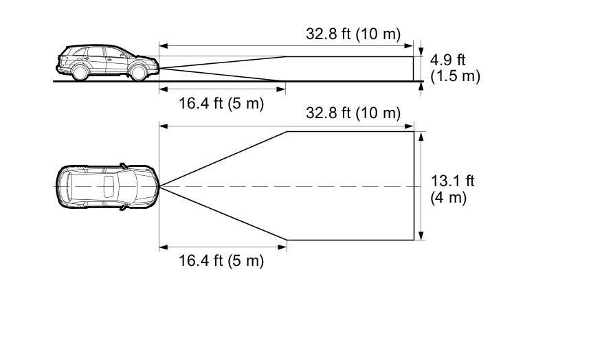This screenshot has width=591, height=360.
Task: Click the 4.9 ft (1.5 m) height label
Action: [x=455, y=68]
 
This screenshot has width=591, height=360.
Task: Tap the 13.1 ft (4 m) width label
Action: [x=452, y=189]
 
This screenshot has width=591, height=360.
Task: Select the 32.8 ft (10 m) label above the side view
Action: [x=353, y=34]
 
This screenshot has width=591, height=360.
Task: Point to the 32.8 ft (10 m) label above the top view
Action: [x=353, y=113]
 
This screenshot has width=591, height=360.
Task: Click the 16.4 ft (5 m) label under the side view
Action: [x=221, y=103]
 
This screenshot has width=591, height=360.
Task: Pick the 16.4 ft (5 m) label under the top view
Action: [x=221, y=260]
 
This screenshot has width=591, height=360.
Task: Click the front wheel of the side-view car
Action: [x=138, y=72]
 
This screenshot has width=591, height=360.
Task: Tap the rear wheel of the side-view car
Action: [x=80, y=71]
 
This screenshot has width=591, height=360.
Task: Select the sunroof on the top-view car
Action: [x=109, y=187]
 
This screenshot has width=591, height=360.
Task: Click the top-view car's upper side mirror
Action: [x=123, y=166]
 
